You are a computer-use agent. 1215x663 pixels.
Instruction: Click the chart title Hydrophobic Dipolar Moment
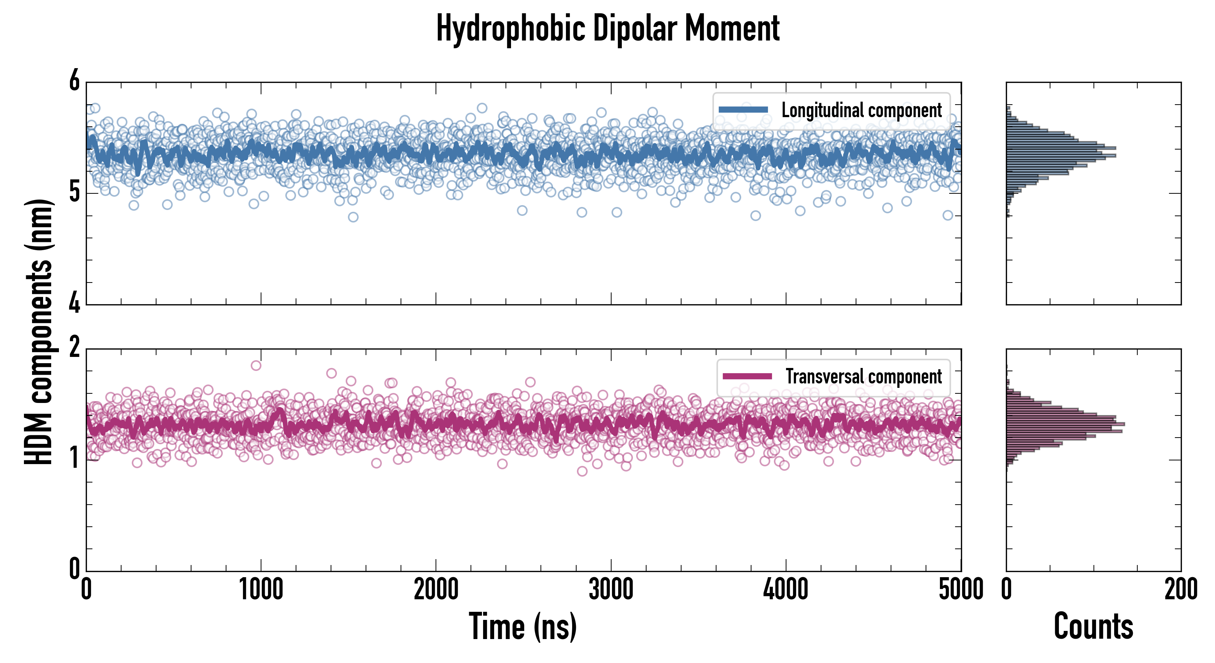(x=607, y=28)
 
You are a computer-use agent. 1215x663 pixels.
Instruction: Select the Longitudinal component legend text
(x=861, y=110)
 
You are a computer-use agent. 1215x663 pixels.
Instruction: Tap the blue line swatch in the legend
(x=743, y=109)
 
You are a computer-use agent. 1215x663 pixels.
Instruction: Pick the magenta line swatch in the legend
(x=747, y=376)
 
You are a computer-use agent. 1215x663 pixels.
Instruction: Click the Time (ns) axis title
(x=522, y=626)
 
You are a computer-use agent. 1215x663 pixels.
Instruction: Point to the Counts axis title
(x=1093, y=626)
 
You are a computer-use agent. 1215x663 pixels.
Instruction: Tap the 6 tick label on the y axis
(x=74, y=81)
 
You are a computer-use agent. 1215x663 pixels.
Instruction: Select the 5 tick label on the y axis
(x=74, y=192)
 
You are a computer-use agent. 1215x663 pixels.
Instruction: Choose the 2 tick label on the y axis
(x=74, y=348)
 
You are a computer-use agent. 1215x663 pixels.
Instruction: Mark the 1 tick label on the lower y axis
(x=74, y=458)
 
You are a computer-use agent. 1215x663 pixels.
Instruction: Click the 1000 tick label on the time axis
(x=261, y=590)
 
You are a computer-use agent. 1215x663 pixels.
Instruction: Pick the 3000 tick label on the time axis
(x=611, y=590)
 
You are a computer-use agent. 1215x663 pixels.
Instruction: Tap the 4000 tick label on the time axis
(x=785, y=590)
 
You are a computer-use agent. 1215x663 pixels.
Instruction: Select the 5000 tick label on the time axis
(x=961, y=590)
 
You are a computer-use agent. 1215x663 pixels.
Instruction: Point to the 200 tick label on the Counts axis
(x=1180, y=590)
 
